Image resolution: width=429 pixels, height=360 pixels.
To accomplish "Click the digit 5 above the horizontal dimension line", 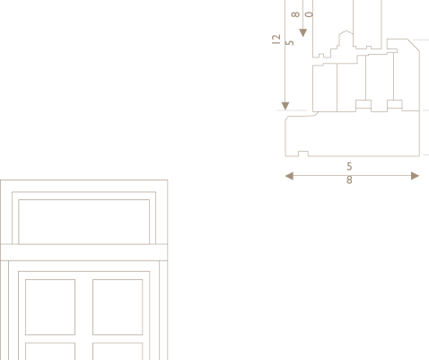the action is tap(349, 166).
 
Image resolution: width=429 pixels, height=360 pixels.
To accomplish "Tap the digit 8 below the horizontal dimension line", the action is tap(349, 180).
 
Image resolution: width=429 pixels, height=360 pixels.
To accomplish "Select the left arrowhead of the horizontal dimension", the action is tap(289, 176).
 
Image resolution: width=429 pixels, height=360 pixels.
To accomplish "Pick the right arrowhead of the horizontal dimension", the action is tap(416, 176).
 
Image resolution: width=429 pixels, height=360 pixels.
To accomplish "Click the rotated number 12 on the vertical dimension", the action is tap(276, 40).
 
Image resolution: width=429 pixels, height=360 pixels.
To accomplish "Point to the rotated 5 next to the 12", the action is tap(290, 43).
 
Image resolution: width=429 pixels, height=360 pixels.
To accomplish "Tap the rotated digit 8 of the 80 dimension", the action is tap(295, 14).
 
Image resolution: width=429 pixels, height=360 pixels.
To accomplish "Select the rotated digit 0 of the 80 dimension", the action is tap(310, 14).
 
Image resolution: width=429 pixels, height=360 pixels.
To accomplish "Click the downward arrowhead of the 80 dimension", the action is tap(303, 32).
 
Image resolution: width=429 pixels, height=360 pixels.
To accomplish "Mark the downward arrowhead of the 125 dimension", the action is tap(285, 106).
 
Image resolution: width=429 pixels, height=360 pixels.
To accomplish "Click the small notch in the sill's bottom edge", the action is tap(303, 154).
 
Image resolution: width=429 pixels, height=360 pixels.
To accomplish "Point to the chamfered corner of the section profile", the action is tap(414, 45).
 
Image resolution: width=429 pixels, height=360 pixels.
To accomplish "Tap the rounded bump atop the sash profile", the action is tap(346, 33).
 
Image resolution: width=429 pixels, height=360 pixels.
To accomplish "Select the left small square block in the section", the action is tap(363, 104).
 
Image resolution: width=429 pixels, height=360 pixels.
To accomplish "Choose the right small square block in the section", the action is tap(395, 104).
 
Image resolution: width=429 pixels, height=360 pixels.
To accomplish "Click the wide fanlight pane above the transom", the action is tap(84, 222).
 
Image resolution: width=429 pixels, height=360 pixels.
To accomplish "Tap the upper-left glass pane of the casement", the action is tap(50, 307).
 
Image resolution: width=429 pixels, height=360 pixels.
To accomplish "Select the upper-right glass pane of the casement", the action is tap(118, 307).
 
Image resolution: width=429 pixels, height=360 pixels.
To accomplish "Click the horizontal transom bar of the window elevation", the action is tap(83, 252).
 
